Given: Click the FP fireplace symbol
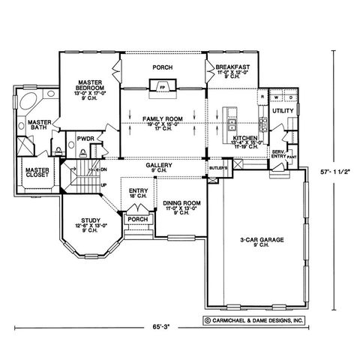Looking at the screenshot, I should click(162, 87).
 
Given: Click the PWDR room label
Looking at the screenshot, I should click(84, 138).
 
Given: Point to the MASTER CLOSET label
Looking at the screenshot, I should click(37, 173).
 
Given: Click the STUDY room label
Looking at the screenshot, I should click(87, 220).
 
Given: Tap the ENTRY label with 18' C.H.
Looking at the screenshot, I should click(138, 193).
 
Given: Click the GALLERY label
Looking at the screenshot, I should click(161, 166).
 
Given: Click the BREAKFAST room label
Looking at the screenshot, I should click(232, 67).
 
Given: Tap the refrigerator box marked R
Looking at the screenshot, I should click(262, 97).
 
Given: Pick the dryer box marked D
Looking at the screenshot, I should click(289, 97).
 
